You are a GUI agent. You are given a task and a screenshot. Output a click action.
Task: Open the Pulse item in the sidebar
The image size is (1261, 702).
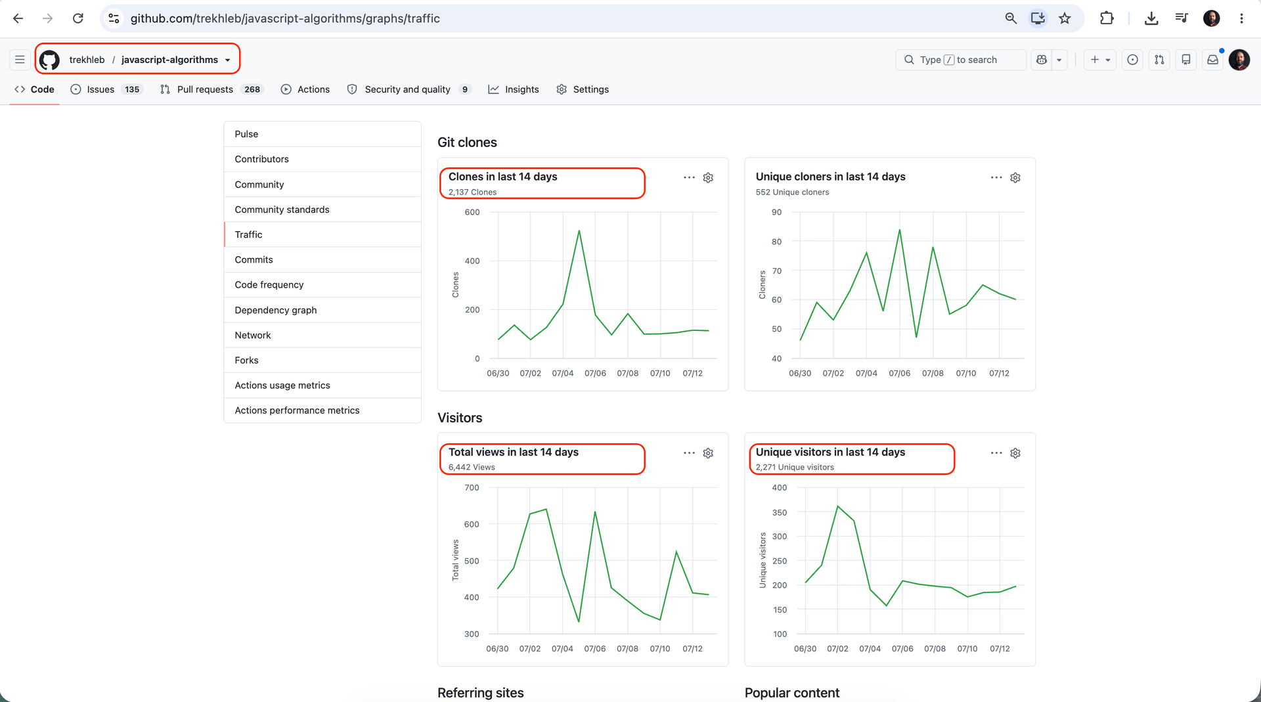click(x=246, y=134)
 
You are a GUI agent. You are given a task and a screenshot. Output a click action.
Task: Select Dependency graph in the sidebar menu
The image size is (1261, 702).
click(x=276, y=310)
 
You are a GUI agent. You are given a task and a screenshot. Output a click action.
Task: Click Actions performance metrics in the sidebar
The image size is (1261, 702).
click(x=297, y=410)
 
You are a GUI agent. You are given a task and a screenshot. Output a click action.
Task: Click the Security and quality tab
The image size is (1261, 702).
click(x=409, y=89)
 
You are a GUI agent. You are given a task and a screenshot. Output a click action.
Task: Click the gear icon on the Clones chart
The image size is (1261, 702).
click(x=708, y=178)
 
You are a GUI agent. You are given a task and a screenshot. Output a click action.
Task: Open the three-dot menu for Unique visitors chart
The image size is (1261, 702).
click(x=996, y=453)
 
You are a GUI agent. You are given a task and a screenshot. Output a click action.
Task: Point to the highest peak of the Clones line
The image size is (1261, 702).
click(x=579, y=230)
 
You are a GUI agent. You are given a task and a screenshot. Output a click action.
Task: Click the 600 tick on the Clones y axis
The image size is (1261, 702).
click(x=472, y=212)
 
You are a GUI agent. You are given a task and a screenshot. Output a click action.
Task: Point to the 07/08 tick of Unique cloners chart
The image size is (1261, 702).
click(x=933, y=373)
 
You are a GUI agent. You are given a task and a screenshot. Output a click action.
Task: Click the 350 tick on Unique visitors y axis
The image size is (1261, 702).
click(x=780, y=512)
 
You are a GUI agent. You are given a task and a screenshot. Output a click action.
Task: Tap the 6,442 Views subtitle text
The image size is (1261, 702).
click(x=472, y=468)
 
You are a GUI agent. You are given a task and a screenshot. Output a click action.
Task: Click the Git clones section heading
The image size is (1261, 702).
click(x=467, y=143)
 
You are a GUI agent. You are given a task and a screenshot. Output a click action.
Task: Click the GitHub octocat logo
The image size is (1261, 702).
click(x=49, y=60)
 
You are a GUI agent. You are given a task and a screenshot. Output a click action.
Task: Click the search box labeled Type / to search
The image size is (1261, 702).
click(x=960, y=60)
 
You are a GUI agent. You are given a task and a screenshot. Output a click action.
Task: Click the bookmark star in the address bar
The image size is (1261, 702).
click(x=1065, y=18)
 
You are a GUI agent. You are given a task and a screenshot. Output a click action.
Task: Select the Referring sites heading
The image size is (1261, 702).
click(x=481, y=693)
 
